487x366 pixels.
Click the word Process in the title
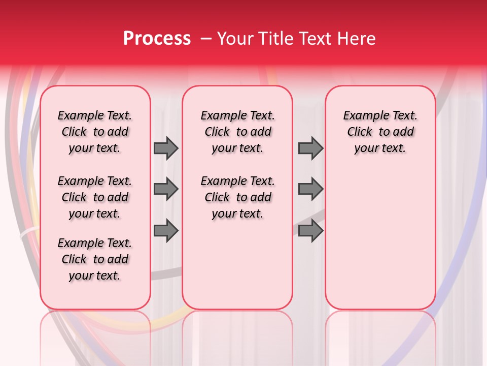click(157, 39)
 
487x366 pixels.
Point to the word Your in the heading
click(235, 39)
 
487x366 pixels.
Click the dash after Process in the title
click(206, 39)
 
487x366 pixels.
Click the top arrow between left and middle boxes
click(166, 148)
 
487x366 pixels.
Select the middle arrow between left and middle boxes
click(166, 190)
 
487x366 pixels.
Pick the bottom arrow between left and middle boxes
click(166, 231)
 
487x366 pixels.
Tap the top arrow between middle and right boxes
click(310, 148)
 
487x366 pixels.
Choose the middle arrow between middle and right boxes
click(310, 190)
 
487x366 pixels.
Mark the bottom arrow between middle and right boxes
click(310, 231)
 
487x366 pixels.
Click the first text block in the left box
click(95, 132)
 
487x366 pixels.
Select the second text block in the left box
click(95, 197)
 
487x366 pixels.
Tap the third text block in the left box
click(95, 259)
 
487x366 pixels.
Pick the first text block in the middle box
click(237, 132)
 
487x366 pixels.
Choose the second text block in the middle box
click(237, 197)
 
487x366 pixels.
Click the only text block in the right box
click(380, 132)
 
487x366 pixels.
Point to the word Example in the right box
click(362, 116)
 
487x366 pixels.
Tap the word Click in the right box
click(360, 132)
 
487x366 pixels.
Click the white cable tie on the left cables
click(28, 234)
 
